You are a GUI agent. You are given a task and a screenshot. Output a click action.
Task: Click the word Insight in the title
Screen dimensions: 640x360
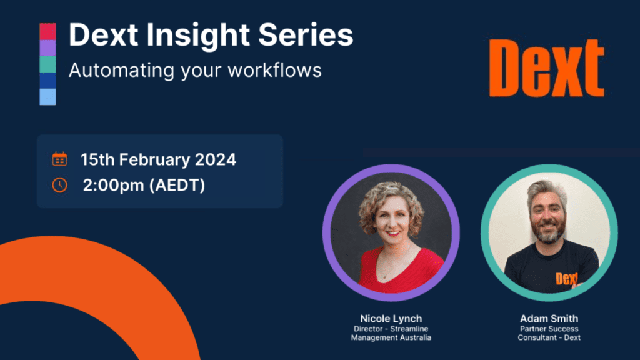click(198, 36)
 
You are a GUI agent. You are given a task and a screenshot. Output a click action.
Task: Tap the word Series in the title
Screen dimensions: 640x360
click(306, 35)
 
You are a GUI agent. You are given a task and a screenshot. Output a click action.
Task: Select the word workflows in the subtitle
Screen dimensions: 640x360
click(275, 70)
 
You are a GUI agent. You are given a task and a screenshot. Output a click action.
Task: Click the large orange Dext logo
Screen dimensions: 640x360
click(546, 68)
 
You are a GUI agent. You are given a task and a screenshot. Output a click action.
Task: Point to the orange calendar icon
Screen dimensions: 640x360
click(59, 159)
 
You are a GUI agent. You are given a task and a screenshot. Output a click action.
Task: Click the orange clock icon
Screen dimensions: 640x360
click(59, 185)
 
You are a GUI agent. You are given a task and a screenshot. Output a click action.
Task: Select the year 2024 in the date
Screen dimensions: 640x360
click(216, 159)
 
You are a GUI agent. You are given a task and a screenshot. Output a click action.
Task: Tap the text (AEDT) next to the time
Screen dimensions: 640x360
click(177, 185)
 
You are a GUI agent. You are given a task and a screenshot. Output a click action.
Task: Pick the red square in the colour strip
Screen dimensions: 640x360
click(47, 31)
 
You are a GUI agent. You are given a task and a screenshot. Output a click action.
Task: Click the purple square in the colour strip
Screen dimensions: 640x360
click(47, 47)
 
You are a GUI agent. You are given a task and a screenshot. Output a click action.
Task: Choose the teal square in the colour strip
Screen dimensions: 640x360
click(47, 64)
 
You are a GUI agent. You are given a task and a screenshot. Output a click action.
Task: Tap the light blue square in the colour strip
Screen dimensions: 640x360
click(47, 97)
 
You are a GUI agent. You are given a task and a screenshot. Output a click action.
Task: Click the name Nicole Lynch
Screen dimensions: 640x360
click(391, 318)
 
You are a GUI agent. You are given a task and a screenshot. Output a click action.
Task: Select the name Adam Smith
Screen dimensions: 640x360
click(549, 318)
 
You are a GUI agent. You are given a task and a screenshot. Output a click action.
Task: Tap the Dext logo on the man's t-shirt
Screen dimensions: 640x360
click(567, 278)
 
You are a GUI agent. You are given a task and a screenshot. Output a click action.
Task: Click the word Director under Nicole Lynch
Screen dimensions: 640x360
click(368, 329)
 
